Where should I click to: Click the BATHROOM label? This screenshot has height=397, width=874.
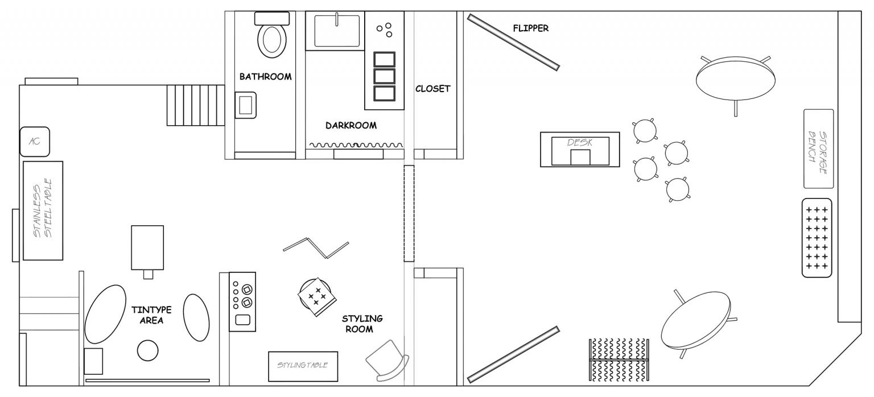click(x=265, y=77)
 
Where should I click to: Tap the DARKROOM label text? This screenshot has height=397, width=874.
click(x=351, y=126)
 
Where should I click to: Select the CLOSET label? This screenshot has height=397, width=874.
click(x=432, y=89)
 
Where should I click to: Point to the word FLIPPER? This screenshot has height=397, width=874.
click(x=531, y=28)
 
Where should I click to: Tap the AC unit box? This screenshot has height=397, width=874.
click(x=35, y=142)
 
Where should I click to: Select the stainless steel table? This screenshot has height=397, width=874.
click(x=43, y=210)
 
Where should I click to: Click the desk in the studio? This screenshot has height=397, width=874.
click(x=580, y=150)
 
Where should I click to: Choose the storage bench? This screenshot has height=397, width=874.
click(x=819, y=148)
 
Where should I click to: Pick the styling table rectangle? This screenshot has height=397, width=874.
click(x=303, y=367)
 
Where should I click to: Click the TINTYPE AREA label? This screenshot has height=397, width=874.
click(x=151, y=315)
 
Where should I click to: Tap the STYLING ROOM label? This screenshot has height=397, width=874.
click(x=362, y=324)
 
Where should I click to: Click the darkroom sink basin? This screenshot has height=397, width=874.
click(x=337, y=31)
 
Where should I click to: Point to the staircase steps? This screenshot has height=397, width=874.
click(x=196, y=105)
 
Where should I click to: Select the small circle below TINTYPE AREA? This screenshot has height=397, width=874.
click(x=148, y=350)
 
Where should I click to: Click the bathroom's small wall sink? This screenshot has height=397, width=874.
click(x=245, y=105)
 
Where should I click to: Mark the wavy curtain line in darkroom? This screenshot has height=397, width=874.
click(x=356, y=145)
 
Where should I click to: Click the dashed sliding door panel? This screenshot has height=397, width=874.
click(x=409, y=213)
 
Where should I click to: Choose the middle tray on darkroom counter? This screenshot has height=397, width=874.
click(x=384, y=76)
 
